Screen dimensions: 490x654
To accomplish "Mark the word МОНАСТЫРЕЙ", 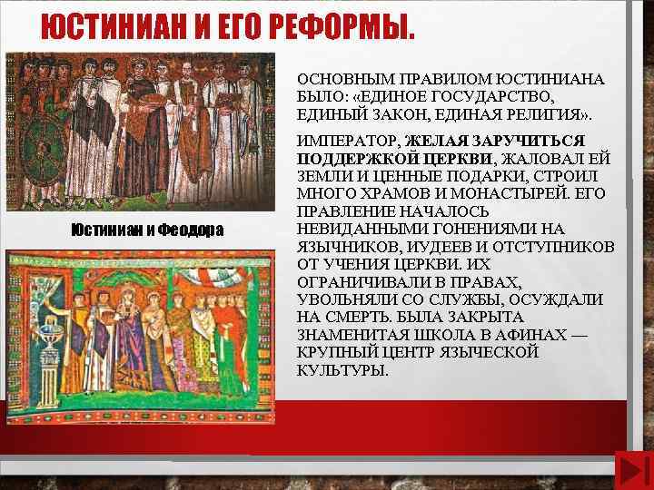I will coord(514,195).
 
